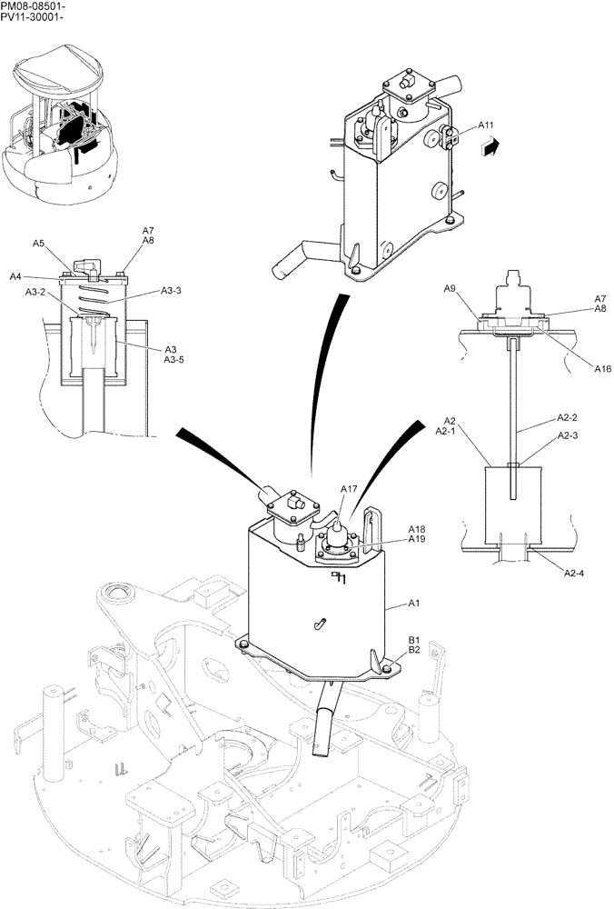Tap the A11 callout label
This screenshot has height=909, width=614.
486,125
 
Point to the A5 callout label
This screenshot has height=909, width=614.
39,243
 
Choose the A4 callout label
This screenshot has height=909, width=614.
16,276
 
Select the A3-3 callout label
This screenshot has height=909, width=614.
172,290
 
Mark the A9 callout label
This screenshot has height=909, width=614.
450,288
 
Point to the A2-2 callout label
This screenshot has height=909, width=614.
567,418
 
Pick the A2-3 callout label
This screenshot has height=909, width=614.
567,437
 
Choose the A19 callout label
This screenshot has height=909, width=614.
417,539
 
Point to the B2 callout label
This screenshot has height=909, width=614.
414,650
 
